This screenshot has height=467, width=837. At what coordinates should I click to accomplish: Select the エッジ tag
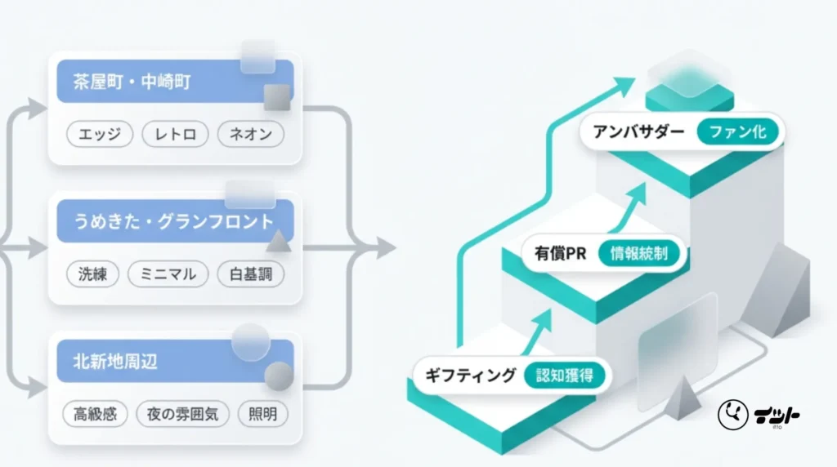coord(99,134)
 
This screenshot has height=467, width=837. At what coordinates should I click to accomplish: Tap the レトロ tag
coord(175,134)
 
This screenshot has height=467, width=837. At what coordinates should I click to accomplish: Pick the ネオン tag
coord(251,134)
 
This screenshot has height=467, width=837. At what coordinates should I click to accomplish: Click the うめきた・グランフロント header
coord(173,222)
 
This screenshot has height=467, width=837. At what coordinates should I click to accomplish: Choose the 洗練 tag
coord(92,274)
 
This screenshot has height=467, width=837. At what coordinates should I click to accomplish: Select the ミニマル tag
coord(168,274)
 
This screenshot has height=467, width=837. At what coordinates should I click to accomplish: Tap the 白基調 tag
coord(251,274)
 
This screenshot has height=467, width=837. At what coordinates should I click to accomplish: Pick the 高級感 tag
coord(95,414)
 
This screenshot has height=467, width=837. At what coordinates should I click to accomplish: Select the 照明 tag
coord(263,414)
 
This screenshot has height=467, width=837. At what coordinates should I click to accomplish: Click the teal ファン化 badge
coord(737,131)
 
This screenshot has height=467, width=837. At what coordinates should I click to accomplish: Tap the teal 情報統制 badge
coord(638,253)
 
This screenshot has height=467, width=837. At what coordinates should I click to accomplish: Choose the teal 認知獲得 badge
coord(564,376)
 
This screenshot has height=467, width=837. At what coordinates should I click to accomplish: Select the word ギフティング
coord(471,376)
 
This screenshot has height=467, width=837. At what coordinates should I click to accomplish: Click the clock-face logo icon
coord(732,415)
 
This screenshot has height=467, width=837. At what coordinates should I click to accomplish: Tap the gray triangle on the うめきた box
coord(278,241)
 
